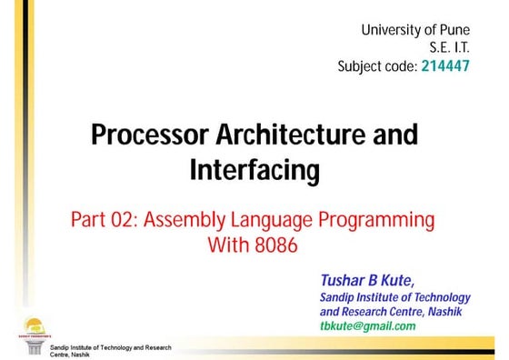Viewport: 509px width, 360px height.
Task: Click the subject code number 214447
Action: coord(445,66)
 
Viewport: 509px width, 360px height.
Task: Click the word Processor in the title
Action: coord(148,135)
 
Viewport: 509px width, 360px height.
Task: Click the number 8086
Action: coord(276,245)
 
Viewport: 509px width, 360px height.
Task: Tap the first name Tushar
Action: coord(343,278)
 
